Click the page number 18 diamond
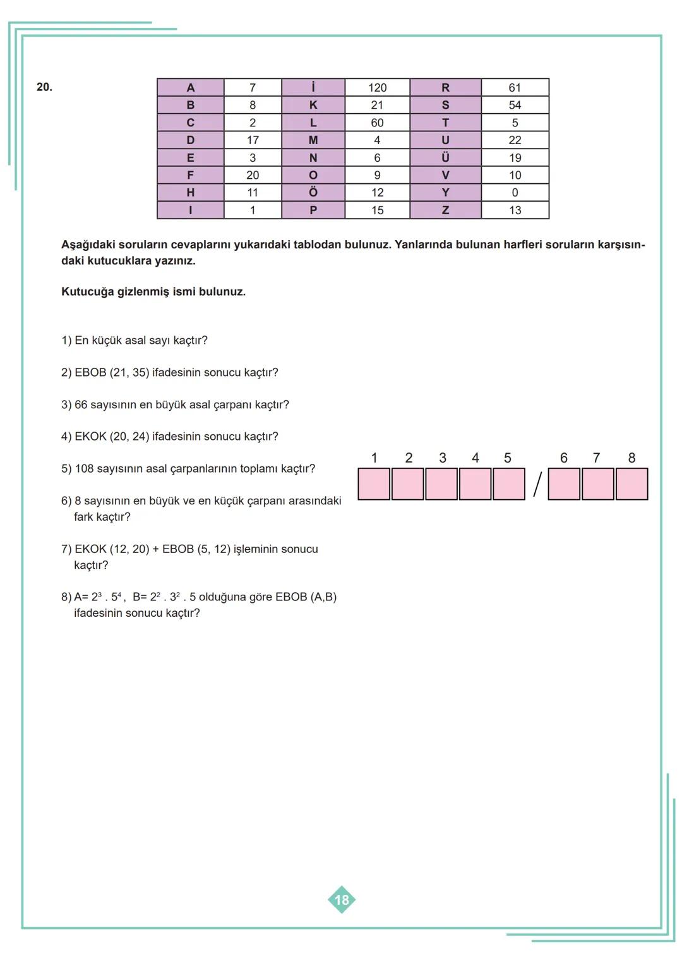[x=341, y=899]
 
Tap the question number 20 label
[x=44, y=87]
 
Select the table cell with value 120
[x=377, y=87]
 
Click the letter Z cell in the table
[x=445, y=210]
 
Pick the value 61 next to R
[x=515, y=87]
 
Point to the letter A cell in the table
[x=190, y=87]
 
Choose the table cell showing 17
[x=252, y=140]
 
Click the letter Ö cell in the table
[x=313, y=192]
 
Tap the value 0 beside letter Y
[x=515, y=192]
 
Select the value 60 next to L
[x=377, y=122]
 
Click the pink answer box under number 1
[x=374, y=484]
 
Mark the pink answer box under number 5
[x=508, y=484]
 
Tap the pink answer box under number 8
[x=631, y=484]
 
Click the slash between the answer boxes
[x=537, y=485]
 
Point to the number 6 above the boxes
[x=564, y=458]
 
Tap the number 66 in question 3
[x=81, y=404]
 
